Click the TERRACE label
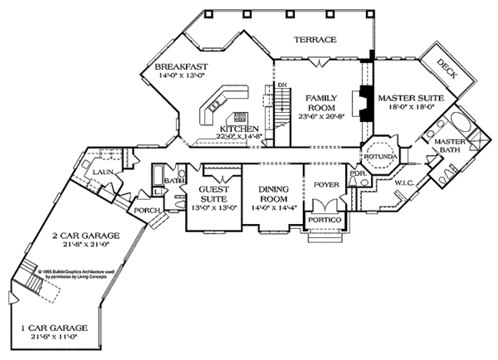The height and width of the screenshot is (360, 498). point(317,40)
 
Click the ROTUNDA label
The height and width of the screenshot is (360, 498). point(380,156)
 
